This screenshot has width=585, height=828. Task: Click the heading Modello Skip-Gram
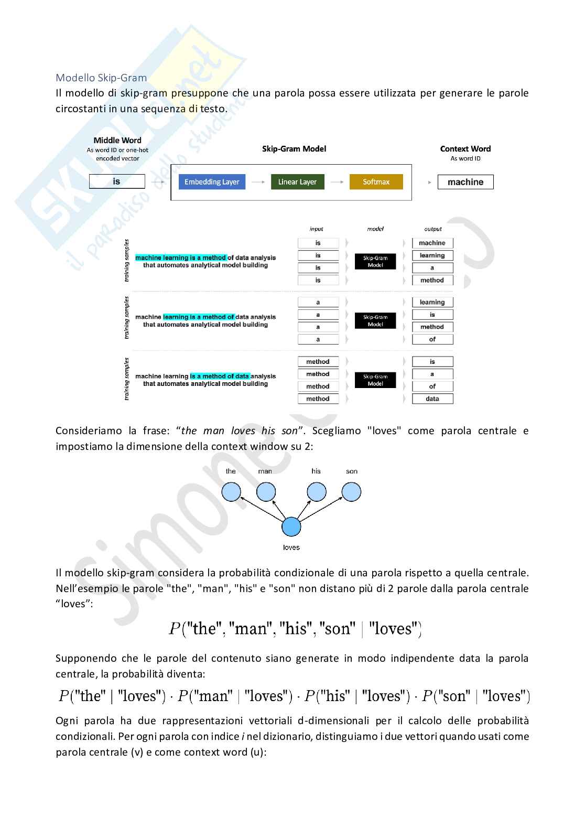click(x=101, y=78)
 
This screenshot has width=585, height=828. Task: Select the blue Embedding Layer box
click(x=212, y=182)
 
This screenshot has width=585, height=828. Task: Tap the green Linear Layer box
click(x=297, y=182)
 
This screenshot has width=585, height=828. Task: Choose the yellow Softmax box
click(x=376, y=182)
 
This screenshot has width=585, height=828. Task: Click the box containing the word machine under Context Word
click(x=465, y=182)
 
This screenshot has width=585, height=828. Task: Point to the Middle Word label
click(x=117, y=140)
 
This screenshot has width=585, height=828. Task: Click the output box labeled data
click(x=432, y=399)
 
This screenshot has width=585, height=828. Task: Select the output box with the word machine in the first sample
click(x=432, y=243)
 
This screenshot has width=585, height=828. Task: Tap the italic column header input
click(x=317, y=229)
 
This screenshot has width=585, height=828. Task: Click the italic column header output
click(x=433, y=229)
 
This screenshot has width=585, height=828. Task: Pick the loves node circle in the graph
click(x=291, y=526)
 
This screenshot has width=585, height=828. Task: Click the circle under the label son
click(x=351, y=492)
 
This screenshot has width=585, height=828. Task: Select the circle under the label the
click(x=231, y=492)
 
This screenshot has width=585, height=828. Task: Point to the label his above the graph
click(x=316, y=471)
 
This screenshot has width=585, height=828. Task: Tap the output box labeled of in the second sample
click(x=432, y=339)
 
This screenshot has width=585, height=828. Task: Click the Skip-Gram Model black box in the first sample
click(x=375, y=262)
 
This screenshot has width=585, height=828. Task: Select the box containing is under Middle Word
click(x=117, y=181)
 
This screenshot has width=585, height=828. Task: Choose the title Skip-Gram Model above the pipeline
click(x=294, y=149)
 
